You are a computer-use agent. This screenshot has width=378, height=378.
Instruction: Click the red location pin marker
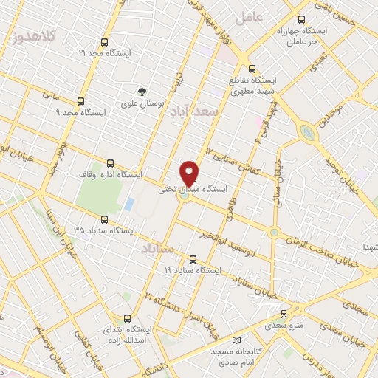(x=190, y=173)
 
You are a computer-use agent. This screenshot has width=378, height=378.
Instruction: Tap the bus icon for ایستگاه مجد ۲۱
(x=103, y=42)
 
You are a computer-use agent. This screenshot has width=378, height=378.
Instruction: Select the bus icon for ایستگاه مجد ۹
(x=80, y=100)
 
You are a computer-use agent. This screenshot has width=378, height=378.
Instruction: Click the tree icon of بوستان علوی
(x=142, y=91)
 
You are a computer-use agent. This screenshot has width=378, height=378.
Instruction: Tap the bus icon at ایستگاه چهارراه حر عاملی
(x=300, y=20)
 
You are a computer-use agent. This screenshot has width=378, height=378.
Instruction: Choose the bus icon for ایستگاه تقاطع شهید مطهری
(x=252, y=66)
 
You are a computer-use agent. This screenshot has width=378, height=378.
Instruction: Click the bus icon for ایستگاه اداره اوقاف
(x=111, y=163)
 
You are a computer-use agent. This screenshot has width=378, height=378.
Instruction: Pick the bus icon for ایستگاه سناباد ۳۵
(x=104, y=219)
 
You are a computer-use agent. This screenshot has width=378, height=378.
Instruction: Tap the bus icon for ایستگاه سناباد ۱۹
(x=193, y=259)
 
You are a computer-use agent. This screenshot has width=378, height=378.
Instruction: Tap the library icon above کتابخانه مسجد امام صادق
(x=237, y=341)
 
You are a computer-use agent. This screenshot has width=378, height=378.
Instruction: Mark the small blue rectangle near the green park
(x=129, y=203)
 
